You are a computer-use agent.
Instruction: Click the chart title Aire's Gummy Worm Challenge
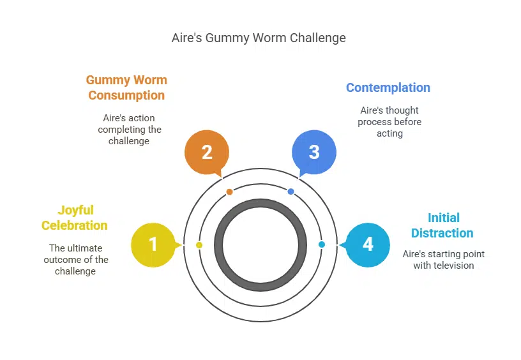click(x=259, y=38)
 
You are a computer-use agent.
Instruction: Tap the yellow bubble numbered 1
click(x=153, y=244)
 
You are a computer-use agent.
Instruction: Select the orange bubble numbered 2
click(x=206, y=153)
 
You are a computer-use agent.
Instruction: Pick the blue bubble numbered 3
click(x=313, y=153)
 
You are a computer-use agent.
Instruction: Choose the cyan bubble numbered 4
click(x=368, y=244)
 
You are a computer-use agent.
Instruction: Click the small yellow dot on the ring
click(x=199, y=245)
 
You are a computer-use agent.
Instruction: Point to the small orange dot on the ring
click(x=230, y=191)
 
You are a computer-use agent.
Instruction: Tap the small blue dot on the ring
click(x=291, y=191)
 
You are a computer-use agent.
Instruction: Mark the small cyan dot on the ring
click(x=321, y=244)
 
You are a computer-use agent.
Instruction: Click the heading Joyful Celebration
click(x=75, y=218)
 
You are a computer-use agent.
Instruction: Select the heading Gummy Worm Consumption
click(x=126, y=88)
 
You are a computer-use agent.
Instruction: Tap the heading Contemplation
click(x=388, y=87)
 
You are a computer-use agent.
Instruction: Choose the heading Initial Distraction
click(x=442, y=225)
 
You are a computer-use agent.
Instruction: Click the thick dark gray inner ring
click(x=218, y=245)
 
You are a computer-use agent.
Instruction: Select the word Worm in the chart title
click(x=270, y=38)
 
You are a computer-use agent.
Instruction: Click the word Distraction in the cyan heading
click(x=442, y=233)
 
